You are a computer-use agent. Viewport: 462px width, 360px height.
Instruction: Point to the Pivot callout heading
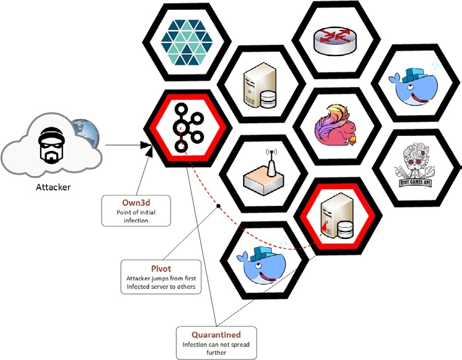coord(160,268)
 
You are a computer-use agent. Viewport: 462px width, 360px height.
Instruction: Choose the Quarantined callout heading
coord(216,334)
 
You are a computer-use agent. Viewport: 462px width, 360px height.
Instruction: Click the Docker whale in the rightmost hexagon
coord(412,84)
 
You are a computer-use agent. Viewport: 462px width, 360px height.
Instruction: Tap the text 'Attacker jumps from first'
coord(160,279)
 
